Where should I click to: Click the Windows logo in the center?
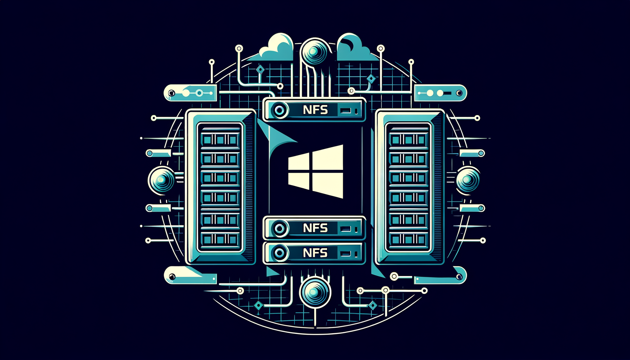click(x=316, y=172)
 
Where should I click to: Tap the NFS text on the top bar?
click(x=315, y=110)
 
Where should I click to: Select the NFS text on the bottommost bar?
click(x=315, y=253)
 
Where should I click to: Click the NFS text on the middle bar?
click(x=315, y=228)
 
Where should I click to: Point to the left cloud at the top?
click(x=278, y=49)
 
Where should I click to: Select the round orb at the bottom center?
click(x=315, y=292)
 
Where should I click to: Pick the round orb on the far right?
click(x=468, y=180)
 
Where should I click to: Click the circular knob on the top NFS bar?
click(x=280, y=110)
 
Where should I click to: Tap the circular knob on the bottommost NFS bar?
click(x=280, y=253)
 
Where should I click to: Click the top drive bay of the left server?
click(x=220, y=140)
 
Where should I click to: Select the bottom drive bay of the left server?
click(x=220, y=240)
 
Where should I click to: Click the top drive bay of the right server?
click(x=408, y=140)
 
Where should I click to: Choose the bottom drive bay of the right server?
click(x=408, y=240)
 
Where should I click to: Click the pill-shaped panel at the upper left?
click(x=190, y=93)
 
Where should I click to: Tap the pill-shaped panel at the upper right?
click(x=441, y=93)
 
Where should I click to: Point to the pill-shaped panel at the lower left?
click(x=190, y=276)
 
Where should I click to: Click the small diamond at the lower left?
click(x=258, y=306)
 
